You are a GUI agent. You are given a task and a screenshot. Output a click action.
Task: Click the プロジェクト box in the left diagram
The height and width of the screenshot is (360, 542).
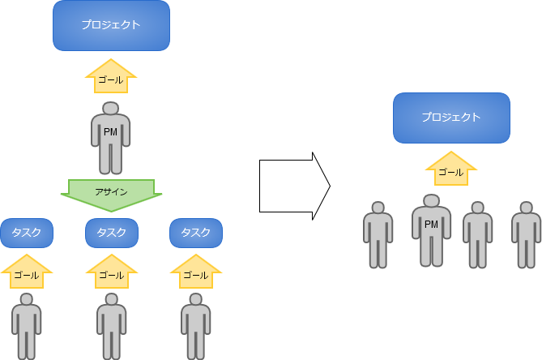111,25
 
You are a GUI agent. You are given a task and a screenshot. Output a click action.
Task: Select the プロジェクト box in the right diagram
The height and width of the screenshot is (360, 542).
451,118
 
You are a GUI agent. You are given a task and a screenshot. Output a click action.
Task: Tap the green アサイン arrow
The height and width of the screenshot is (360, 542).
111,193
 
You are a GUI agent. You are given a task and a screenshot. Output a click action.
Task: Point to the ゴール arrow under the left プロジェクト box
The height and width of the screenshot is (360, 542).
111,79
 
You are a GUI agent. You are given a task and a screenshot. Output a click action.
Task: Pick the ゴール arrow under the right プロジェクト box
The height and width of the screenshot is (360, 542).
450,170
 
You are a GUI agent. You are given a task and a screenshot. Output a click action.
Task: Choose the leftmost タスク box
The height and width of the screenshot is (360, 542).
27,233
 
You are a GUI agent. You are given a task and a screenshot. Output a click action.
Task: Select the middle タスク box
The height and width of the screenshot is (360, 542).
112,233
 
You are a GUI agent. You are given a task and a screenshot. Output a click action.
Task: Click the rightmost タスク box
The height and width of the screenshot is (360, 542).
196,233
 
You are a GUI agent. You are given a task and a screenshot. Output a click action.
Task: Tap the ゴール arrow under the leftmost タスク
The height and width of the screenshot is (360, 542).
27,272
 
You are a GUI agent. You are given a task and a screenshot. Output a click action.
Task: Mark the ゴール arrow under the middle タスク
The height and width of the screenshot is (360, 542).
112,272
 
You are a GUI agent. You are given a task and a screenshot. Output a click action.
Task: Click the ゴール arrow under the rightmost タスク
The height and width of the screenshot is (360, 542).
196,272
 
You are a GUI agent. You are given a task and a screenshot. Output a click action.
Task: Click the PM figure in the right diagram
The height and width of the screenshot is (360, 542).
431,231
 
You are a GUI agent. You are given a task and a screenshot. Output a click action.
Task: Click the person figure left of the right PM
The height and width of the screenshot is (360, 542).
378,235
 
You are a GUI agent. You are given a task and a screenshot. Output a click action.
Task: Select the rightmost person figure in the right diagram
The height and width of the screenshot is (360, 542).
527,235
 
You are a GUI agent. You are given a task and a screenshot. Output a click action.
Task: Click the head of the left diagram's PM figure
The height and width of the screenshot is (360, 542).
111,108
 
